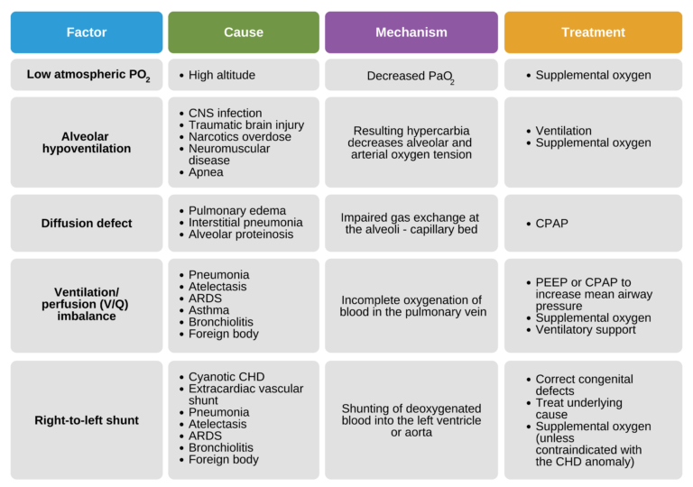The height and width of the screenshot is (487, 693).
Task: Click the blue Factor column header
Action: [87, 32]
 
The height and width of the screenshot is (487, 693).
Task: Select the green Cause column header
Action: [244, 32]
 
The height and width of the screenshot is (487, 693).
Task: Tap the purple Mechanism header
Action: [411, 32]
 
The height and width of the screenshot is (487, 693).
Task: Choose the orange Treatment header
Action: [593, 32]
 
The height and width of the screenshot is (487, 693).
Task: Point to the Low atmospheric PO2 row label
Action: [87, 75]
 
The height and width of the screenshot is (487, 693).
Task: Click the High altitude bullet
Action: [222, 75]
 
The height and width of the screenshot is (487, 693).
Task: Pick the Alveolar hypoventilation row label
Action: [87, 142]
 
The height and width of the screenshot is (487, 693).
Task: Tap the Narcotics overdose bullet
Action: [239, 137]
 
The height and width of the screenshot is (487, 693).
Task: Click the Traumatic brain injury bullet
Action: [246, 125]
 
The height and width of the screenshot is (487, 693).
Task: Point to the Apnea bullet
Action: [206, 172]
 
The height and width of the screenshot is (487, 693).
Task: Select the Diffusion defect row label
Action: [87, 223]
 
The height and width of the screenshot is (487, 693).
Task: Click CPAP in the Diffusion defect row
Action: [552, 223]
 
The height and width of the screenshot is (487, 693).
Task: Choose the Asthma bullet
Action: [209, 310]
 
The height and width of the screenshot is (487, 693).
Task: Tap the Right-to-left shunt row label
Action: [87, 420]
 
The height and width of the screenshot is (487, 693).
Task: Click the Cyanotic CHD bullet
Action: [226, 377]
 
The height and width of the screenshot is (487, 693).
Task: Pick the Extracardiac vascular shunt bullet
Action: [245, 394]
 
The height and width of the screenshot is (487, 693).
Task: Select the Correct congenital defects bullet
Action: [584, 385]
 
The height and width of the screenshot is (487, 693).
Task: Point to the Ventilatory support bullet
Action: [586, 329]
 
